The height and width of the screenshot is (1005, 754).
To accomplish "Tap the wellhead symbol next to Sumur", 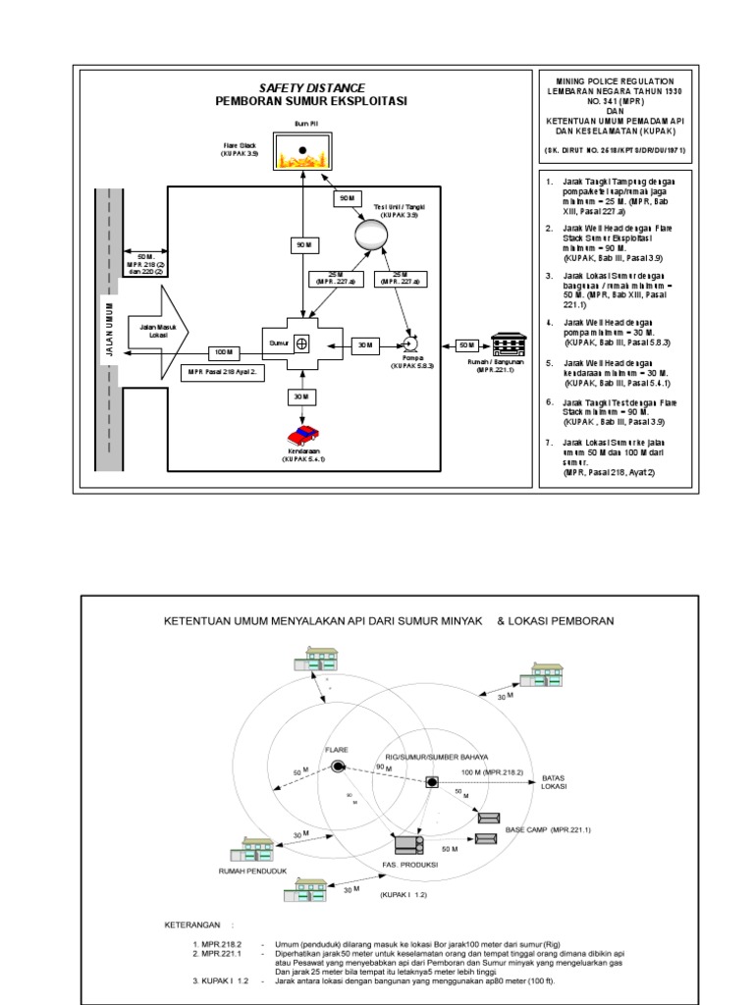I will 302,343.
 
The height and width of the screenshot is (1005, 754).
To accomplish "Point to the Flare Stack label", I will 238,148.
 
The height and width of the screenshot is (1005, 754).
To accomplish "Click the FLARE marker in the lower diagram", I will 338,767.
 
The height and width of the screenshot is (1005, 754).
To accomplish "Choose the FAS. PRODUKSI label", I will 408,864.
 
